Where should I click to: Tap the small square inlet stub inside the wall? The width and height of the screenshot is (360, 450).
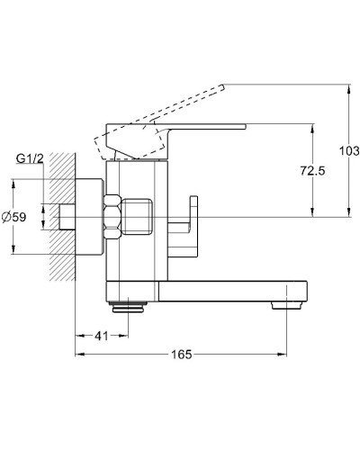(x=68, y=217)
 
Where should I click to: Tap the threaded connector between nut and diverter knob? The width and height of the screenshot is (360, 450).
(x=144, y=217)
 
